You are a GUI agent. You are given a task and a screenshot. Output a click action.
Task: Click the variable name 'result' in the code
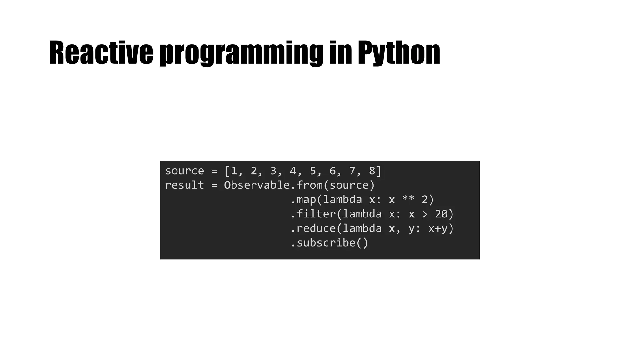click(x=184, y=185)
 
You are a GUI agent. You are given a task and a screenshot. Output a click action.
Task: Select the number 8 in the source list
click(x=372, y=171)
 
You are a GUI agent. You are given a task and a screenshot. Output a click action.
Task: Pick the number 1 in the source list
click(x=234, y=171)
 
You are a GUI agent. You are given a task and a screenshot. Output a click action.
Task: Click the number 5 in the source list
click(x=313, y=171)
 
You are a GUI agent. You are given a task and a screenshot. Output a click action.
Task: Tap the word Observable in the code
click(x=257, y=185)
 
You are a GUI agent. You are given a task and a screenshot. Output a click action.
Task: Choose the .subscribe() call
click(x=329, y=243)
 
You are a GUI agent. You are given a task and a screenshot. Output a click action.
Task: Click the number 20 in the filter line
click(x=441, y=214)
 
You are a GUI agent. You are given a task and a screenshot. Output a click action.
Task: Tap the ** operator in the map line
click(x=408, y=200)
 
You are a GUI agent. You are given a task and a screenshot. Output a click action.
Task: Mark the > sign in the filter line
click(x=425, y=214)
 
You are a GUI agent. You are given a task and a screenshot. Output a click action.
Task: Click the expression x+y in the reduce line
click(x=438, y=228)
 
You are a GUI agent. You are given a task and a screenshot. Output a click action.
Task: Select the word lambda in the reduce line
click(x=362, y=228)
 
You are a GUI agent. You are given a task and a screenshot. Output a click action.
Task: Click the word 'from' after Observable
click(x=309, y=185)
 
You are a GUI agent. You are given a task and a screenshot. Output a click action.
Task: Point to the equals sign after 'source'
click(x=214, y=171)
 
